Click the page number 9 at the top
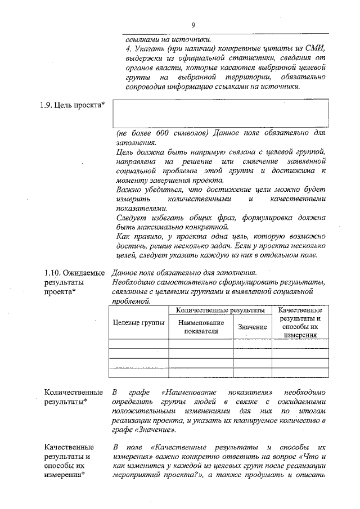pos(193,25)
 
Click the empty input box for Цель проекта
pos(220,114)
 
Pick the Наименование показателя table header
pos(201,326)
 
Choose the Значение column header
pos(253,327)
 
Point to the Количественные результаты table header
pos(220,310)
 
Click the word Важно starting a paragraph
pos(127,190)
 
